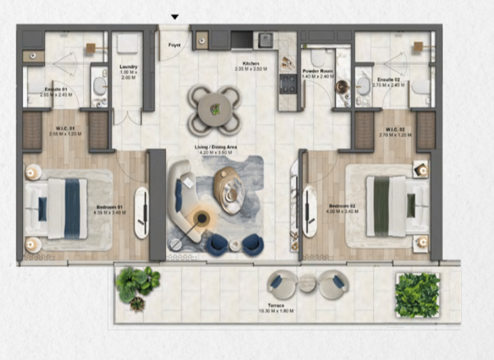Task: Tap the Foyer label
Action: pos(174,45)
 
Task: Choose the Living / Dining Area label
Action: pos(217,147)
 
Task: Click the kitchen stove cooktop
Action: pos(288,84)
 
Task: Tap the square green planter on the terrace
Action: pos(417,294)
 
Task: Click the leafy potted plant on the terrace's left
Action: pos(137,285)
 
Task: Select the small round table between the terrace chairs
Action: pos(307,282)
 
